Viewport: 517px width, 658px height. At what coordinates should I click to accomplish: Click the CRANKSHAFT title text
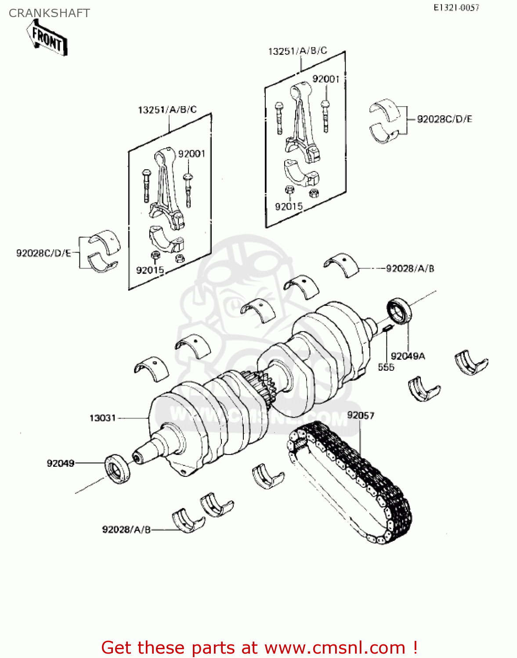point(49,13)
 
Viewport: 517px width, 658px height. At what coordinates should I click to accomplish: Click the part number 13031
point(102,418)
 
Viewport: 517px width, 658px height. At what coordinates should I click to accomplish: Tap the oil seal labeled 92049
point(117,469)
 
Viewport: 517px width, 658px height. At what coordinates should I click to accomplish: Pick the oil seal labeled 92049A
point(399,311)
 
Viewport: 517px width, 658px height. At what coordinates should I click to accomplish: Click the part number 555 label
point(386,367)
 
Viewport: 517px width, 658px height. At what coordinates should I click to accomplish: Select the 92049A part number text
point(408,356)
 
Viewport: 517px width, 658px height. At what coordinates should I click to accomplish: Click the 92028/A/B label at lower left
point(126,530)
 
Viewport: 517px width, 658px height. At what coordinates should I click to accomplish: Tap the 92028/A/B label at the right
point(410,268)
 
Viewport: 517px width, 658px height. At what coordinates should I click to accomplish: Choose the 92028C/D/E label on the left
point(43,253)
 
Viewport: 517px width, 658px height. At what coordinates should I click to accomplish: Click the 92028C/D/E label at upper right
point(445,119)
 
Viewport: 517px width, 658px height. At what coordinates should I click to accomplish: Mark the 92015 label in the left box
point(150,270)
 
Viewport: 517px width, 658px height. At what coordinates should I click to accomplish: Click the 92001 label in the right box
point(325,79)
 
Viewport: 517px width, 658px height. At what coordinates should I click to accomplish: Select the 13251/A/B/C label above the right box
point(297,51)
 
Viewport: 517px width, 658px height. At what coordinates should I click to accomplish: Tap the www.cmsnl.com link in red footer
point(335,647)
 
